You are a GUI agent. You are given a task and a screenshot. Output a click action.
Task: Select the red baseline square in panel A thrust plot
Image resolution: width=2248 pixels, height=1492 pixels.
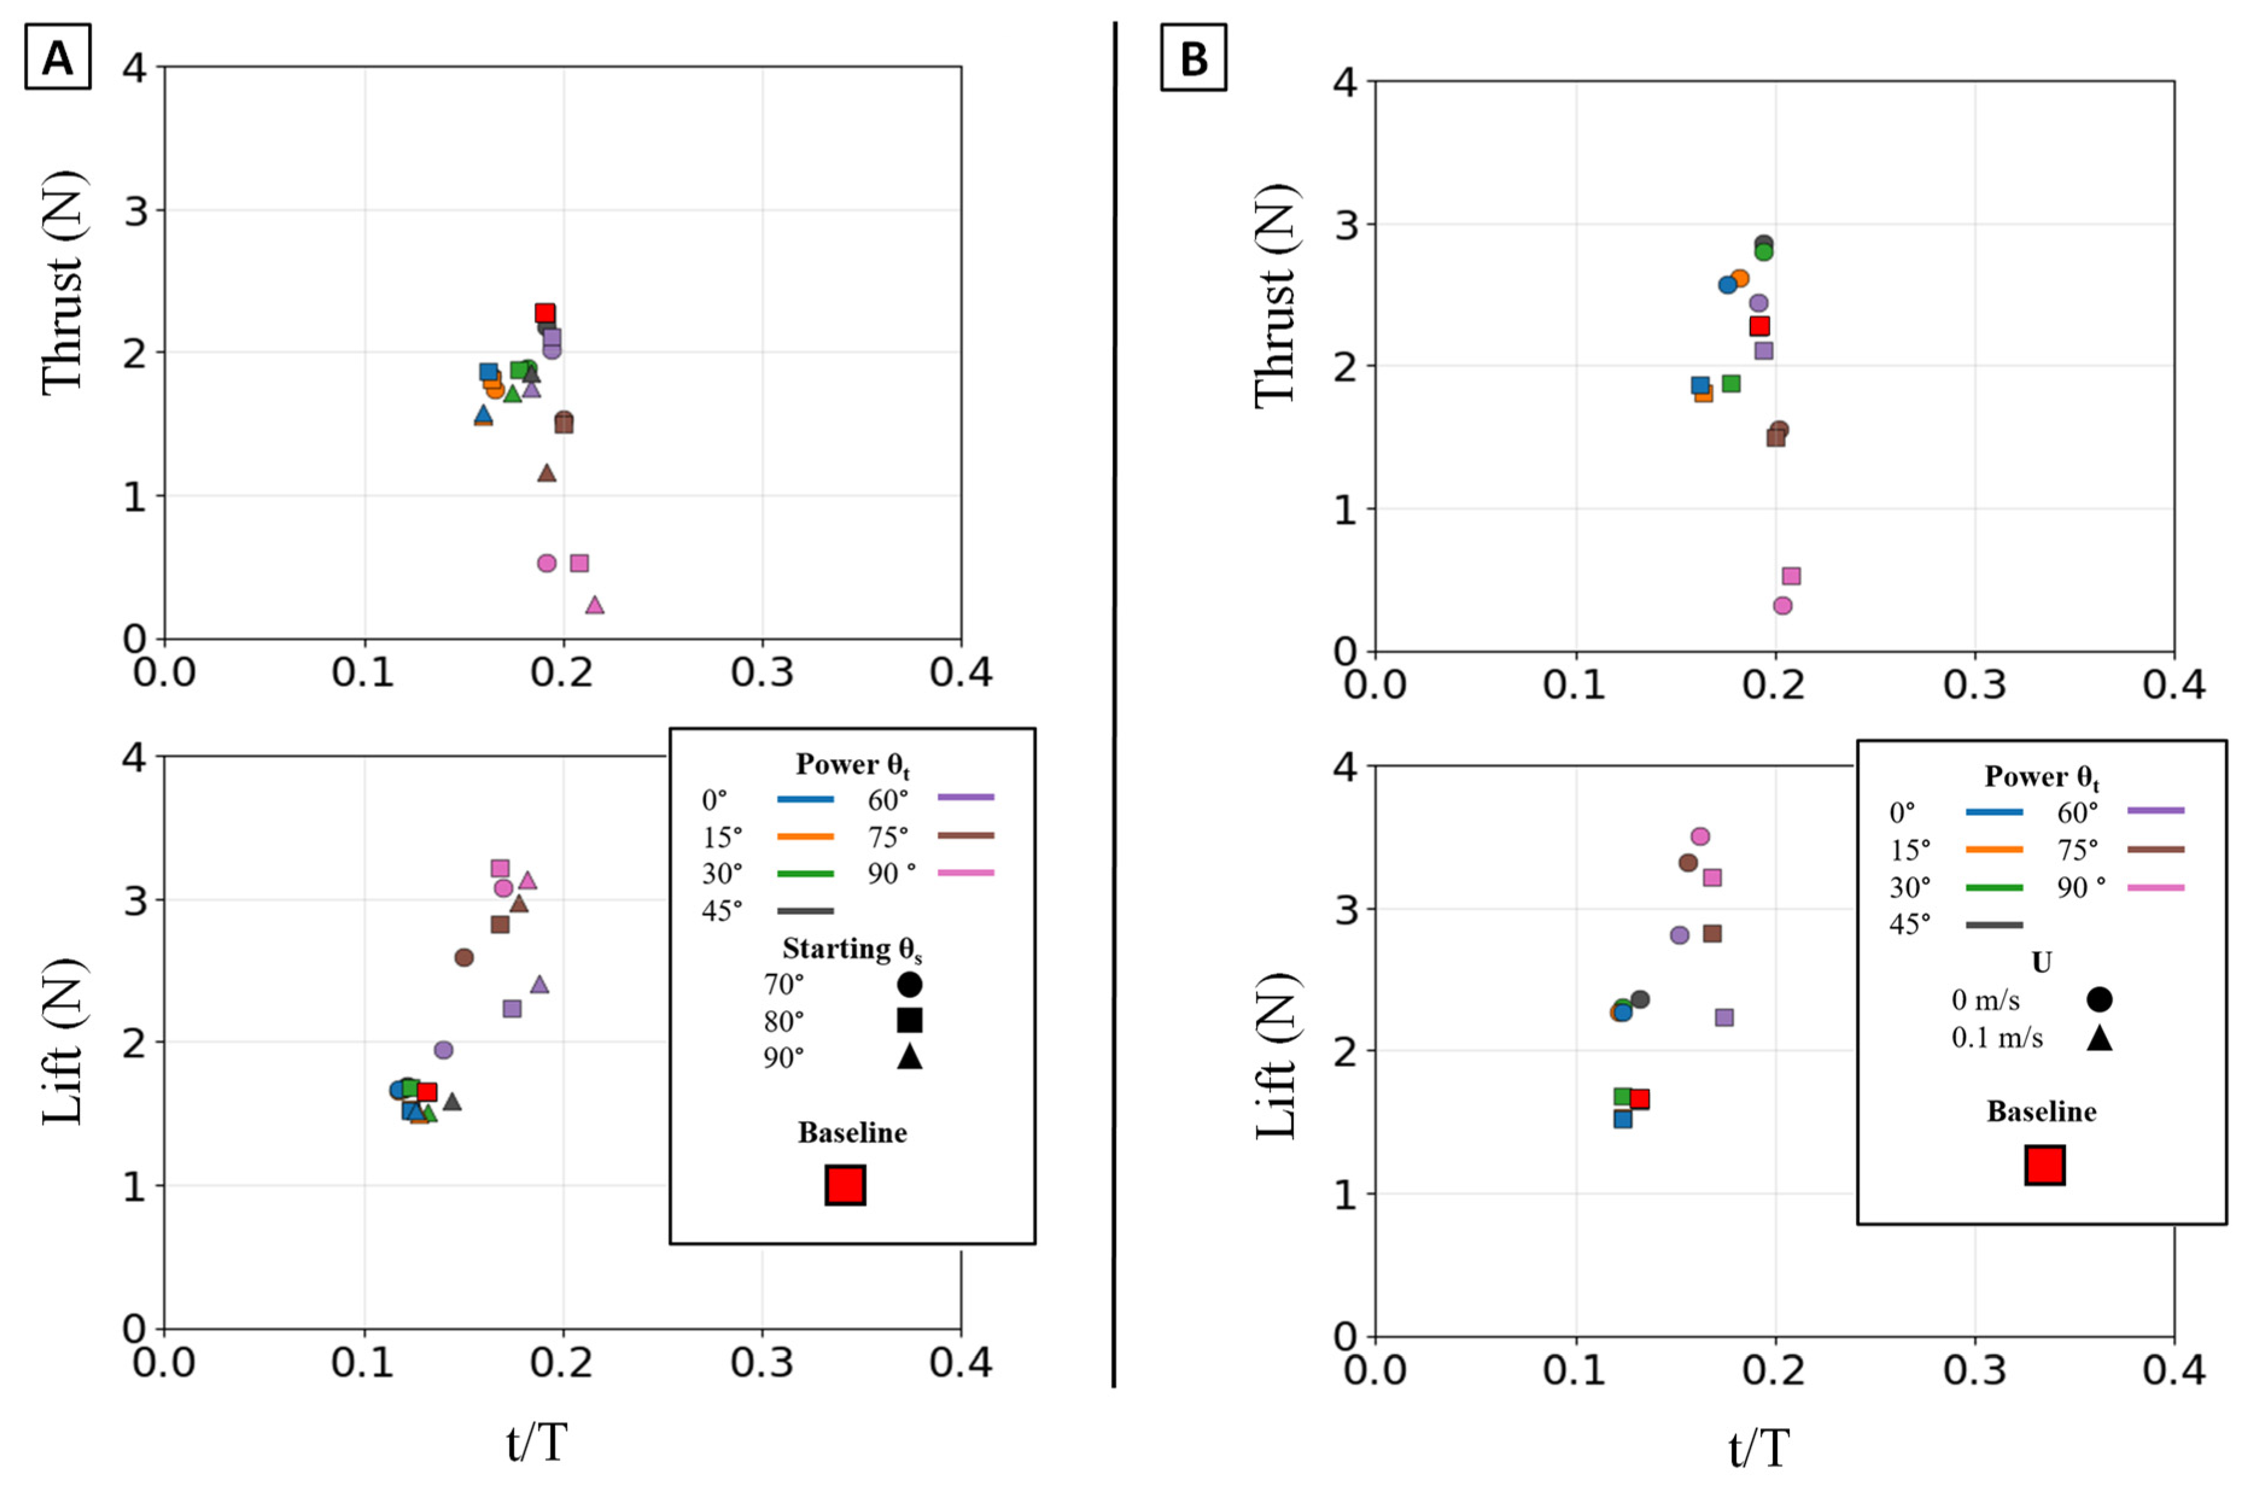[545, 313]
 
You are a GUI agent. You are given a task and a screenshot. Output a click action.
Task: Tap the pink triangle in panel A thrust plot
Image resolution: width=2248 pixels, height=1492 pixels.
[595, 605]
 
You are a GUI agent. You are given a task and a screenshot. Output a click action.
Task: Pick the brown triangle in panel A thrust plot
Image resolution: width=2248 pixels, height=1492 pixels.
[546, 473]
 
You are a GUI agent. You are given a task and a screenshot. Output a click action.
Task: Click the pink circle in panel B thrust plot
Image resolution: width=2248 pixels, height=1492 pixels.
[1782, 605]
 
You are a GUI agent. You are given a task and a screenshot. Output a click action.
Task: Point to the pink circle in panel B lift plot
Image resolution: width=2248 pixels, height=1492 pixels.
[1700, 836]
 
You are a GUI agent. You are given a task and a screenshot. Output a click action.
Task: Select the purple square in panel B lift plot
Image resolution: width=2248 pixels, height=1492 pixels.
[1724, 1017]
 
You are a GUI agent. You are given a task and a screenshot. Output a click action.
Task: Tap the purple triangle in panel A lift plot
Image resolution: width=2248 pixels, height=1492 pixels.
[540, 984]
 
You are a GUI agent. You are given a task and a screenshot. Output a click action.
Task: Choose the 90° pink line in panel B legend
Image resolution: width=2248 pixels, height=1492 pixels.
[2155, 887]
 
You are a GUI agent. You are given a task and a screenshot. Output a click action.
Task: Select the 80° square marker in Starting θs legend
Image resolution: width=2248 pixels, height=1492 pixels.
[909, 1020]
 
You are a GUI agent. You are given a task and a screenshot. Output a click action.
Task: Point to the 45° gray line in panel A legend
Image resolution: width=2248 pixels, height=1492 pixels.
[805, 911]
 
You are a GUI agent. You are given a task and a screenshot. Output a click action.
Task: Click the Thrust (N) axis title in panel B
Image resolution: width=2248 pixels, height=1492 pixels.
[1274, 295]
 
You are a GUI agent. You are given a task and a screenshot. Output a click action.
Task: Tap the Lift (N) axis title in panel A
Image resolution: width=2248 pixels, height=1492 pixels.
[63, 1042]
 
